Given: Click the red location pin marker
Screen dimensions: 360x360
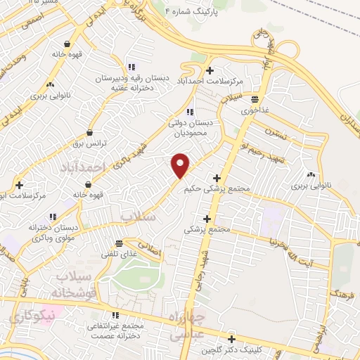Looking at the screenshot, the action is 181,165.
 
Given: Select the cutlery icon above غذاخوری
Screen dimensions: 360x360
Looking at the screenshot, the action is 254,100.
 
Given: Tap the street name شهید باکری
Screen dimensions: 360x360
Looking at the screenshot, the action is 146,139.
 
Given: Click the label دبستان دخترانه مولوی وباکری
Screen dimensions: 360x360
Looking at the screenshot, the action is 49,233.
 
